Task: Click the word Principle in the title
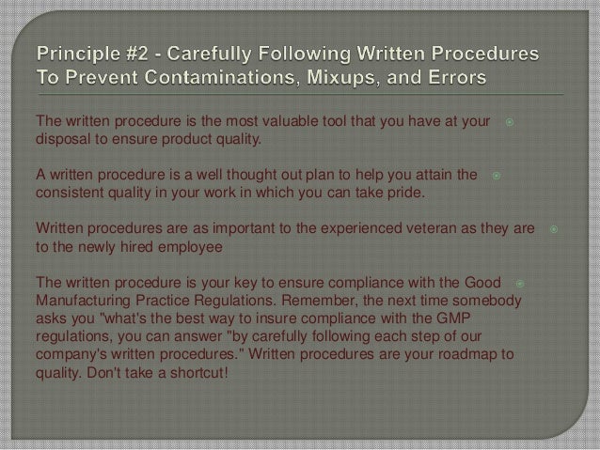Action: click(77, 48)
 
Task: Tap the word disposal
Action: click(61, 141)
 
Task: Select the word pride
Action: click(405, 194)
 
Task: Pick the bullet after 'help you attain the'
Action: click(496, 176)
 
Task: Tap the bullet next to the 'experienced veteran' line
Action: click(554, 228)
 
